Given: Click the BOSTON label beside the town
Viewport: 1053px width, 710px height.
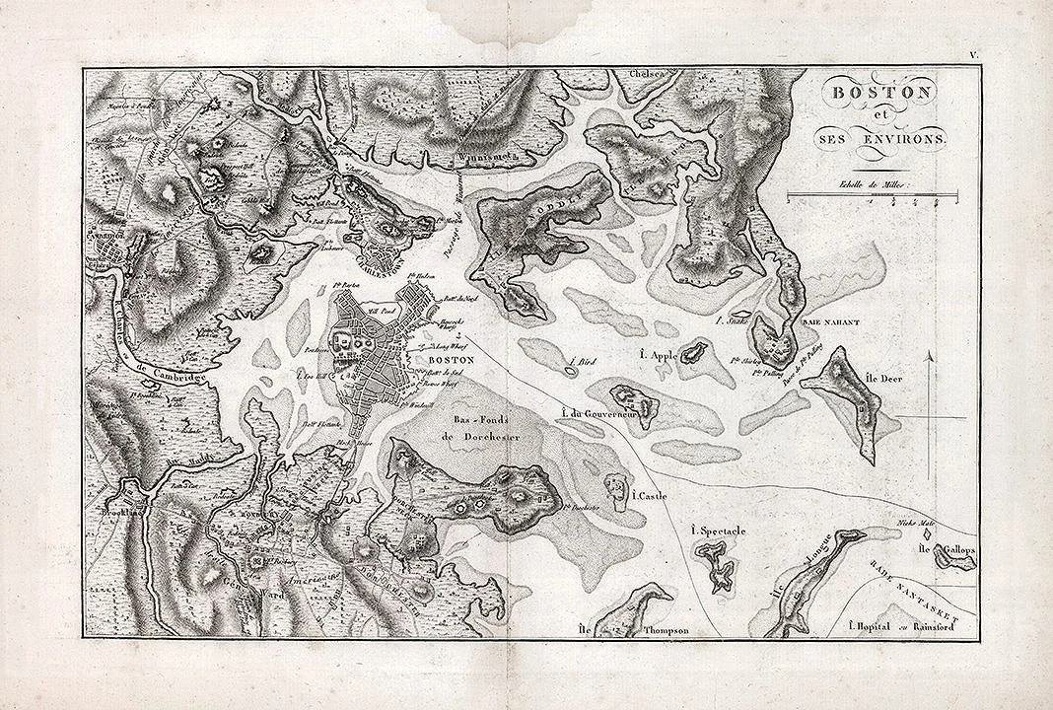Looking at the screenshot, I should pos(452,361).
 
